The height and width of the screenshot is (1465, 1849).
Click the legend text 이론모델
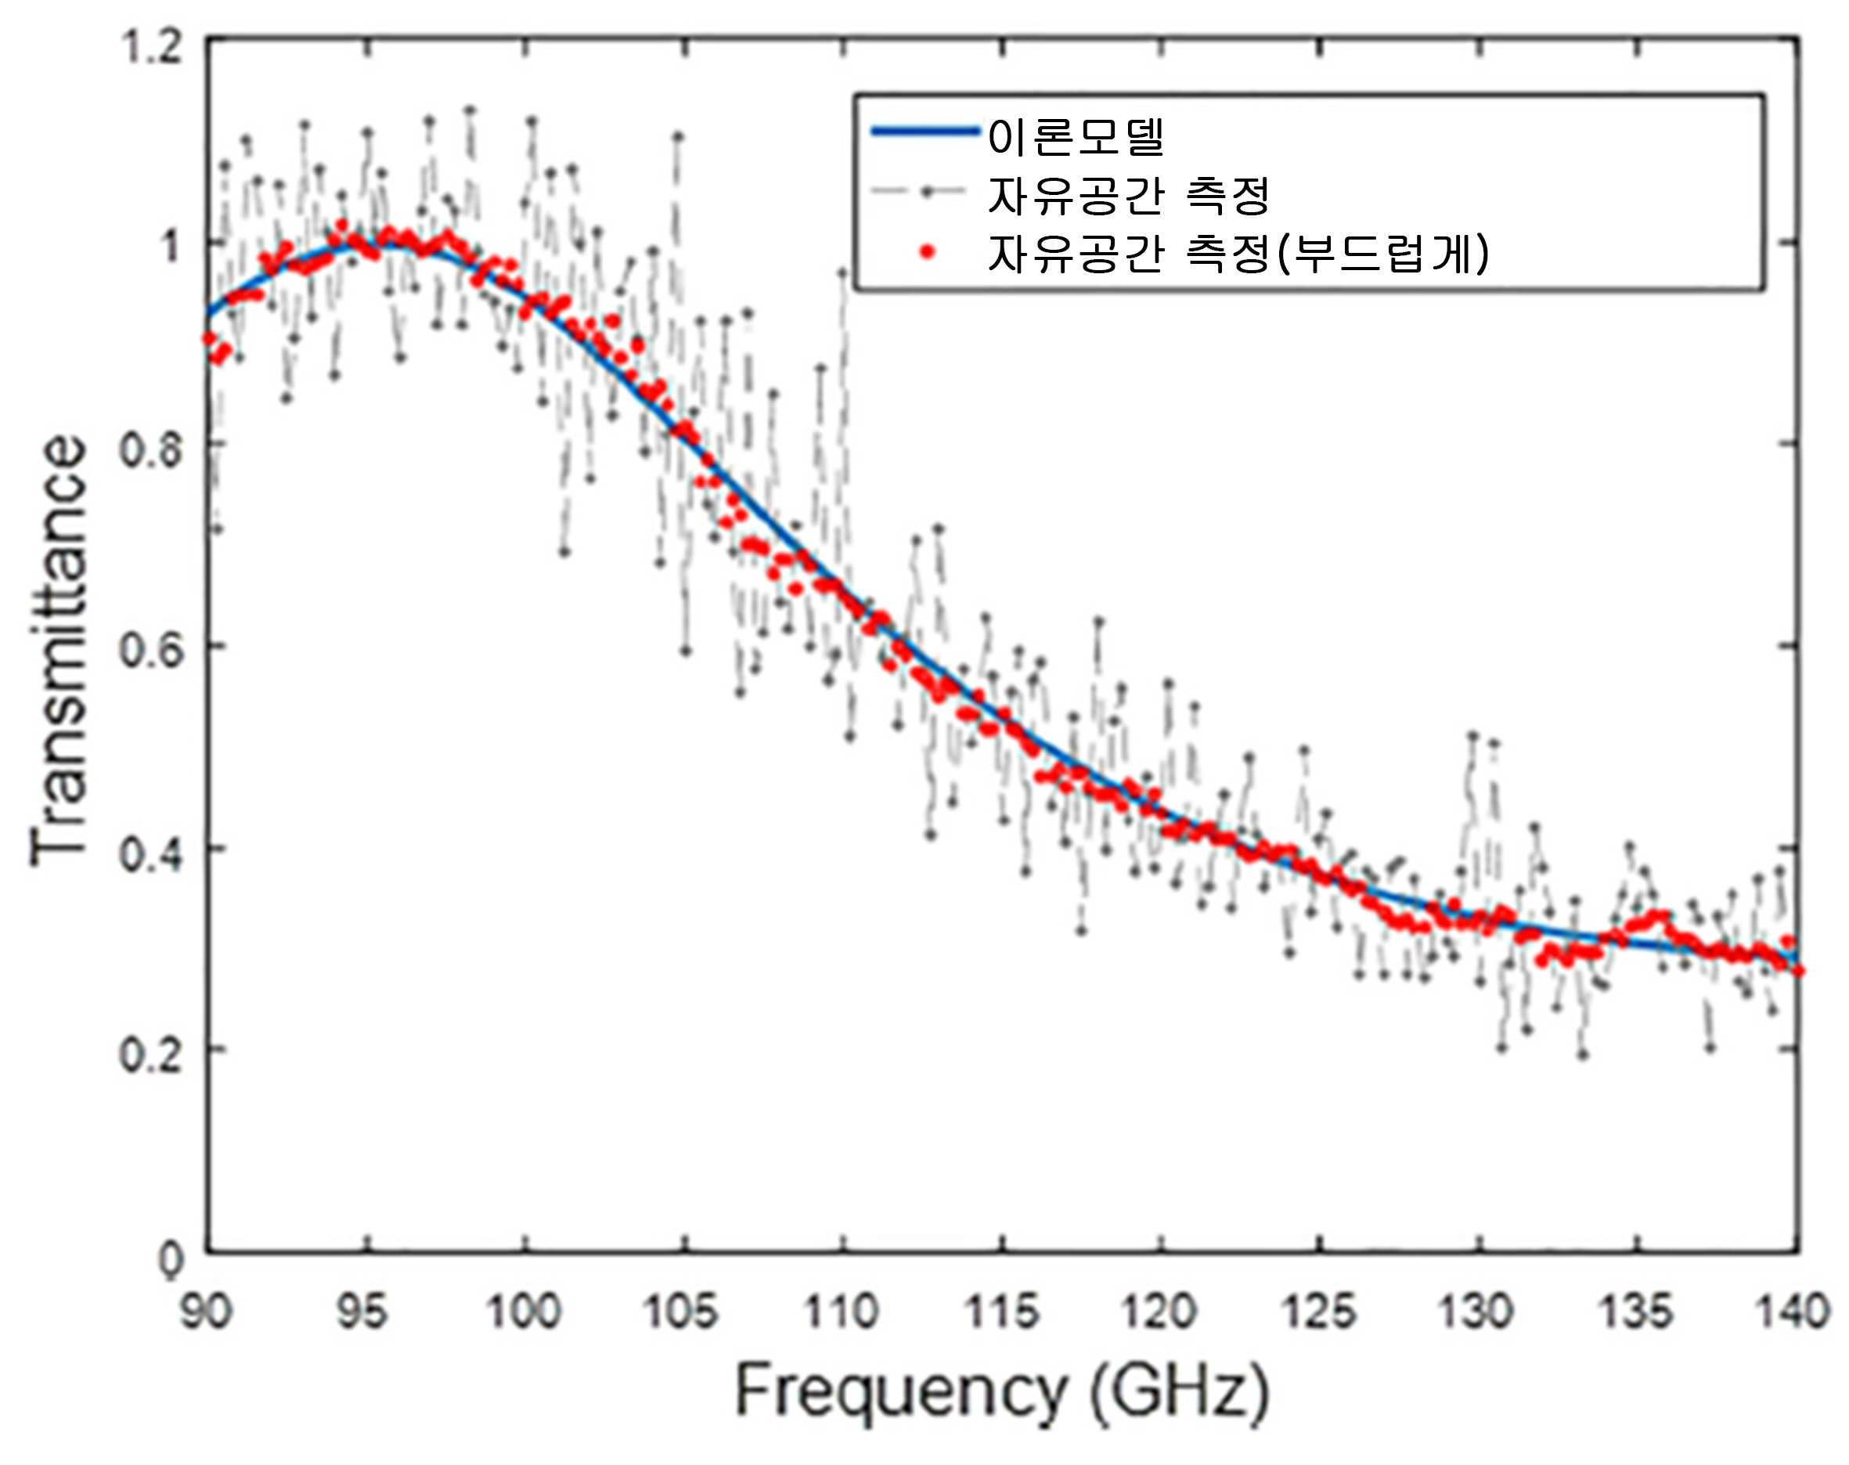coord(1076,135)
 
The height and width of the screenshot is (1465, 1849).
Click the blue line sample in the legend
coord(925,132)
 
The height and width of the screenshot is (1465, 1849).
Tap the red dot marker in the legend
coord(926,252)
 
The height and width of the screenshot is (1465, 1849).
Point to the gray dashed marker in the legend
coord(925,192)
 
